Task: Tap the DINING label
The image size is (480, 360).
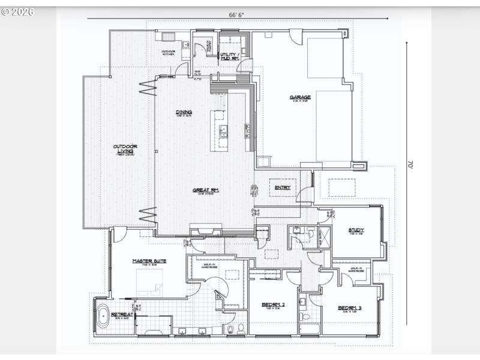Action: click(184, 112)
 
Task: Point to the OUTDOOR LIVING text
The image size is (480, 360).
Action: click(125, 147)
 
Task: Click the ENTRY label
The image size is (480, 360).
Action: click(283, 187)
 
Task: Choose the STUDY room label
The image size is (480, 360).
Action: click(356, 230)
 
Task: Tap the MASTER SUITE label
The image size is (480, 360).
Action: click(149, 261)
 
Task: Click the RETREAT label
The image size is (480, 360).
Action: click(122, 314)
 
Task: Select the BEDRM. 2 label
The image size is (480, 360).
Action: click(273, 305)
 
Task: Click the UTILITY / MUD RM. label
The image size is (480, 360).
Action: click(229, 57)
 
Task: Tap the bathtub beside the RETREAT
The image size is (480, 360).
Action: click(103, 316)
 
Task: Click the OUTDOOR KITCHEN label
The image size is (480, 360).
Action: click(169, 52)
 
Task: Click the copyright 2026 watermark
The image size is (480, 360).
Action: click(18, 11)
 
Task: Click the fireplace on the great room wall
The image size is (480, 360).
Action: click(205, 231)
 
